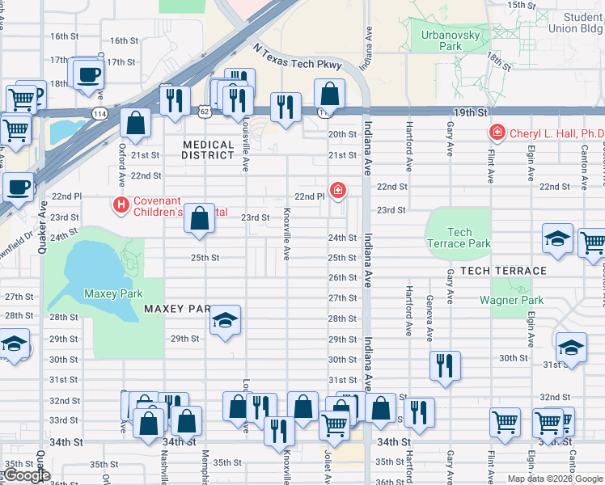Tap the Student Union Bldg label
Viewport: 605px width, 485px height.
[582, 23]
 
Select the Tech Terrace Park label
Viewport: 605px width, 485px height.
[459, 238]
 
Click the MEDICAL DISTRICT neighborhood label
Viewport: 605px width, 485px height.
[208, 150]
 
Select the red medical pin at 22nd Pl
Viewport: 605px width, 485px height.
[338, 191]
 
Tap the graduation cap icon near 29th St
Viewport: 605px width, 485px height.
[226, 320]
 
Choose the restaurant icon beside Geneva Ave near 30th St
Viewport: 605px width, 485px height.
[445, 365]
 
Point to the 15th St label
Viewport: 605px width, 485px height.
[522, 5]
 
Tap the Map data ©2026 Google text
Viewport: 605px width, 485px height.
[554, 479]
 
